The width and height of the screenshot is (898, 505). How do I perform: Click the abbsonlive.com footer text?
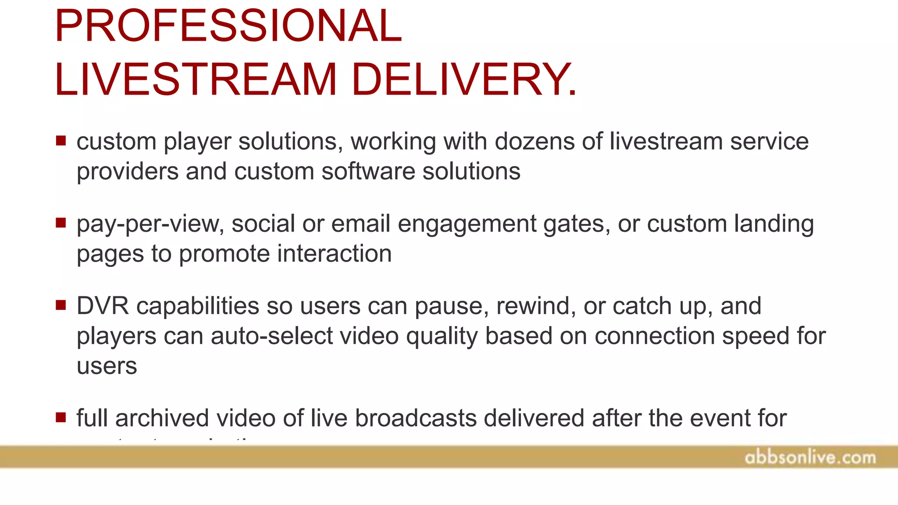(810, 458)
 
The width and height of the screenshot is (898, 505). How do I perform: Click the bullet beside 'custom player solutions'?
(61, 141)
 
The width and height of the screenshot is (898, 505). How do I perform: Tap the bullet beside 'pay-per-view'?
(61, 223)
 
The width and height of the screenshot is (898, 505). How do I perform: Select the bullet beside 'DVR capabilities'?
(61, 305)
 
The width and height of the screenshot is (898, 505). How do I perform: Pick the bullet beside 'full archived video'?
(61, 417)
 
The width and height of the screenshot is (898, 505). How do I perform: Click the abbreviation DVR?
(103, 306)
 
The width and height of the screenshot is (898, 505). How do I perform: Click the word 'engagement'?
(467, 224)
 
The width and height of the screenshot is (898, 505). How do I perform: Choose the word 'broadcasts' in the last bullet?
(416, 418)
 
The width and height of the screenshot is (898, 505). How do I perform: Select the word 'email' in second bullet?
(361, 224)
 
